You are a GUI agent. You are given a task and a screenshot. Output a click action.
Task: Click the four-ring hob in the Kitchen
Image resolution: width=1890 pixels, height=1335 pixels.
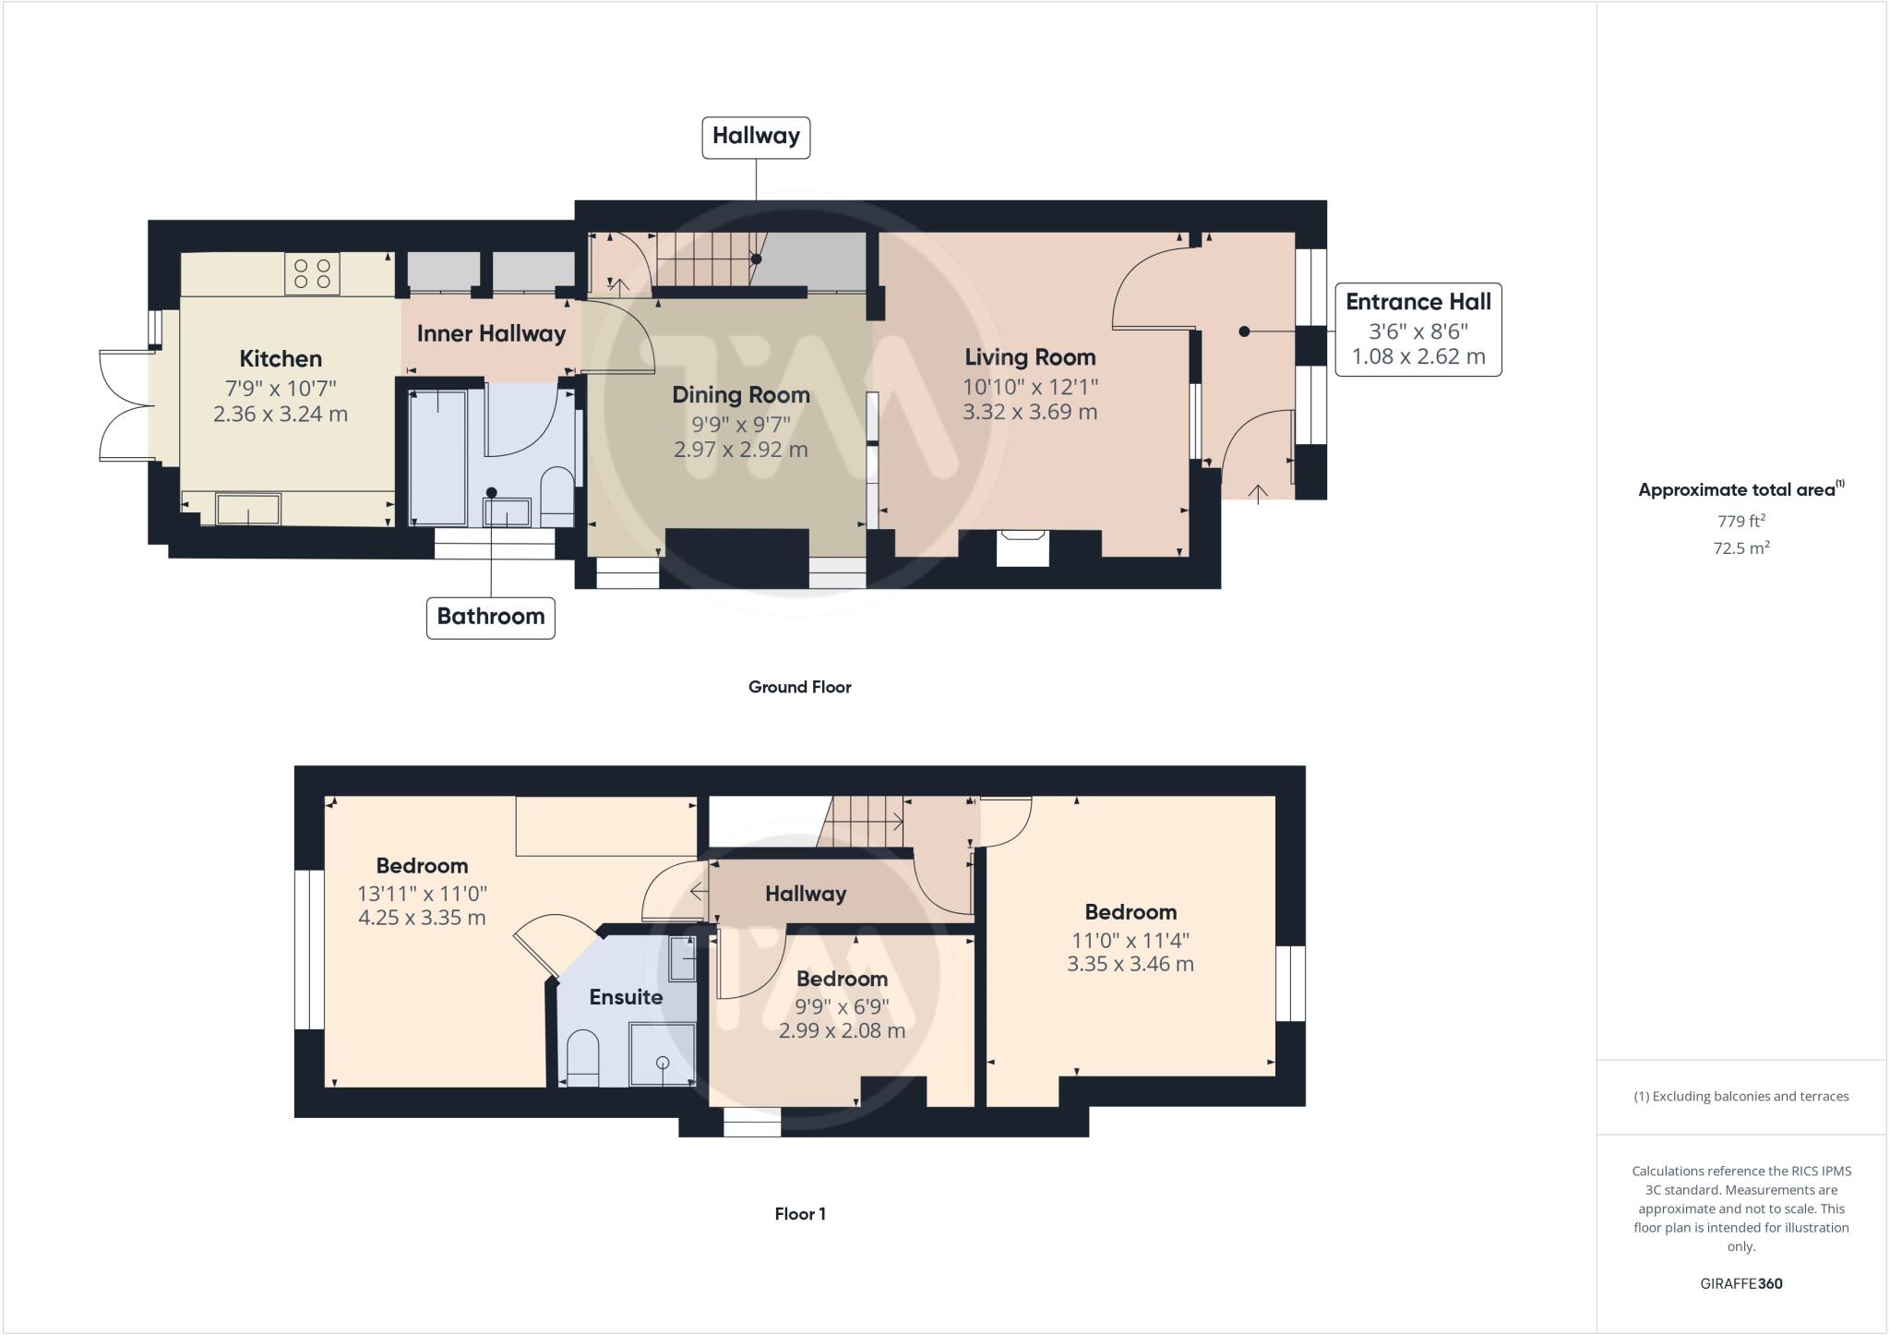[x=312, y=273]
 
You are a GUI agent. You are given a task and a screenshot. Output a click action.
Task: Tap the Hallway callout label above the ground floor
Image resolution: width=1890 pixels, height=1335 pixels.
[x=756, y=137]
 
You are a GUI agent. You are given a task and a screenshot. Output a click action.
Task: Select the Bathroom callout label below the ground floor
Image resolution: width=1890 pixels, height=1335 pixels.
[x=490, y=617]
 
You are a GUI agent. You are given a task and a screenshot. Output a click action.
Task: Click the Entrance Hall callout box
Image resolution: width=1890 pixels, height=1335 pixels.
[x=1417, y=330]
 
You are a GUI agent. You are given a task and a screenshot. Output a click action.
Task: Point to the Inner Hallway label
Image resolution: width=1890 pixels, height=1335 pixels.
[x=491, y=333]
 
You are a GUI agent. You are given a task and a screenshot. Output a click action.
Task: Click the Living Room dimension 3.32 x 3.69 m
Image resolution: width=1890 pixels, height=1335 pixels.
[x=1030, y=412]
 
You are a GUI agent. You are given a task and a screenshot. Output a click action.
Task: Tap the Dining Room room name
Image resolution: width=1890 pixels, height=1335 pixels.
[x=740, y=395]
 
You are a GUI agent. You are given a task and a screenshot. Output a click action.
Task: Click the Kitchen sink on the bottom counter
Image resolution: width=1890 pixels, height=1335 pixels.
[x=248, y=510]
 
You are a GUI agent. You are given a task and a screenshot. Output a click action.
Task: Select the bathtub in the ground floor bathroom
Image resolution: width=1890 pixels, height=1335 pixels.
[x=438, y=457]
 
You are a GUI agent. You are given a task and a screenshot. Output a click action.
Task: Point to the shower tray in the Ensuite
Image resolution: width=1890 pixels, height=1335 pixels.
[x=662, y=1054]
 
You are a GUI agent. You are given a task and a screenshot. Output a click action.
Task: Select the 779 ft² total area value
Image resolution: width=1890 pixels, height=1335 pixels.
[x=1740, y=522]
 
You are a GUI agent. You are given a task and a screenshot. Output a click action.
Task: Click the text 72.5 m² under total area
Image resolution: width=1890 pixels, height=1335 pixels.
[x=1740, y=548]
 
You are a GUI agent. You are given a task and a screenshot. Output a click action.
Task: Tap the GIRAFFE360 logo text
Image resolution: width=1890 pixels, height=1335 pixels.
[x=1740, y=1283]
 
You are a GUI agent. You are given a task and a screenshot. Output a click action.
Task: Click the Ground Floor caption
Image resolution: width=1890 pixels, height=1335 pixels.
[x=799, y=687]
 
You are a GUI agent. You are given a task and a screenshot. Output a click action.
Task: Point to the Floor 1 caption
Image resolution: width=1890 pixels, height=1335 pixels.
[x=799, y=1214]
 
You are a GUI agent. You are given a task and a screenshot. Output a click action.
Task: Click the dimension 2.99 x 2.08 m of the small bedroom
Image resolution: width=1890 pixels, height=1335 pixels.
[x=842, y=1030]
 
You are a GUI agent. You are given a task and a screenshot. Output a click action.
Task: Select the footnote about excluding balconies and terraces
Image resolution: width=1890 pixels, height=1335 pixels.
[x=1740, y=1097]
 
